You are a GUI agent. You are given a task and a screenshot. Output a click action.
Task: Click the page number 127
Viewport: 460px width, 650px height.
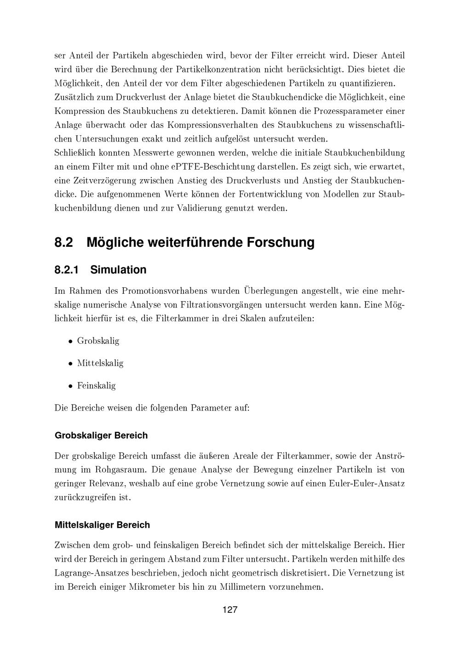(x=230, y=610)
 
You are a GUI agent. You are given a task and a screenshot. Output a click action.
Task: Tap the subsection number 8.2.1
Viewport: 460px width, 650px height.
(x=67, y=270)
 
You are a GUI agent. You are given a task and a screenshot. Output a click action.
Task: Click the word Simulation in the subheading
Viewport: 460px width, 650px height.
(x=118, y=270)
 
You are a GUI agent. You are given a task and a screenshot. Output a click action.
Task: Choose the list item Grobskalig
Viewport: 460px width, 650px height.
(x=98, y=341)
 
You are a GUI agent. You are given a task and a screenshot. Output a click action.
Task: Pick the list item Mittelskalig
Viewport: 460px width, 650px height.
(x=100, y=363)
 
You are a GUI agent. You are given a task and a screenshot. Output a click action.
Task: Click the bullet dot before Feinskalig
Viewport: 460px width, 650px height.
(x=70, y=386)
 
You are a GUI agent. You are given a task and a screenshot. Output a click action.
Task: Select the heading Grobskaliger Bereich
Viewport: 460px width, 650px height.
(x=101, y=435)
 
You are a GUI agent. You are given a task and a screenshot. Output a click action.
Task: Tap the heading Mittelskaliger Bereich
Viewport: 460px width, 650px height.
(x=102, y=525)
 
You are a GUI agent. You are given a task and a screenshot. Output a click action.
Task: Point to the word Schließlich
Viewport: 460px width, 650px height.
(x=76, y=153)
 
